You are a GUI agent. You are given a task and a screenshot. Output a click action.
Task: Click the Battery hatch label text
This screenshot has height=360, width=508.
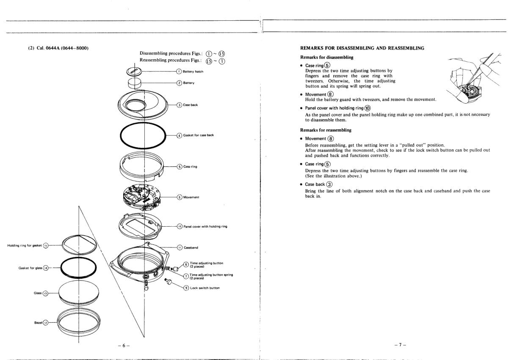[x=193, y=71]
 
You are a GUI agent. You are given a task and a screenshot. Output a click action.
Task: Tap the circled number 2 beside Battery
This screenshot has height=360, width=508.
[x=179, y=83]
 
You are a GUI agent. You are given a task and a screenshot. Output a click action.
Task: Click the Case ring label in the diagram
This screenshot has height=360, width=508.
[x=190, y=166]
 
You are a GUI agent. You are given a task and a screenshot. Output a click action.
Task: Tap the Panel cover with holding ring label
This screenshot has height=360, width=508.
[x=205, y=226]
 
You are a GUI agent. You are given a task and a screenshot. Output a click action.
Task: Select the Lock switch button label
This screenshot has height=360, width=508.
[x=205, y=288]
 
